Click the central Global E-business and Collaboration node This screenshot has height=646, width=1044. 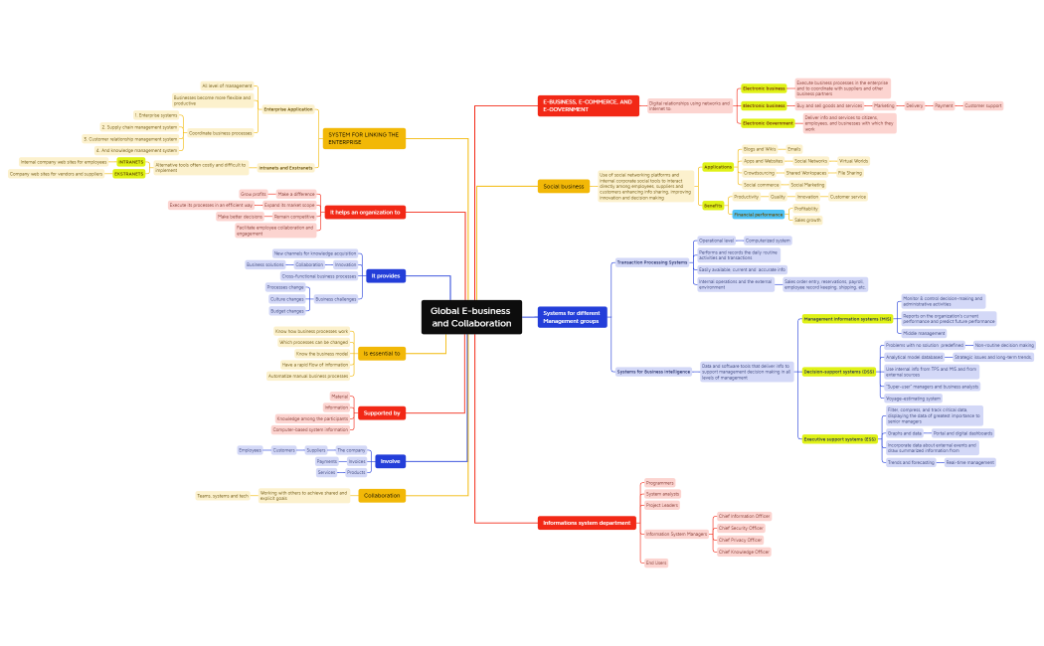tap(470, 317)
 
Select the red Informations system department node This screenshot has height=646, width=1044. tap(587, 523)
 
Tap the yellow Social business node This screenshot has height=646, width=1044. tap(564, 186)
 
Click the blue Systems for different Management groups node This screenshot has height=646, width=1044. tap(572, 317)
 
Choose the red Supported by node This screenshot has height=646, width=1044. tap(382, 412)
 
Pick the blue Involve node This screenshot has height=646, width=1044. tap(390, 460)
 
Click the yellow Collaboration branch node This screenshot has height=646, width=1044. tap(382, 495)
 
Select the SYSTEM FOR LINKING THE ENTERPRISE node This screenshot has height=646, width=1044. tap(364, 138)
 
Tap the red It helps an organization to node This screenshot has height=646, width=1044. tap(365, 212)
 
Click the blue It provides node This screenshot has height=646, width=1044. tap(385, 275)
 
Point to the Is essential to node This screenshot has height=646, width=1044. tap(382, 353)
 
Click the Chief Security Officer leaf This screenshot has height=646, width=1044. tap(741, 528)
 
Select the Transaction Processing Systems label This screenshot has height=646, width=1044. tap(651, 262)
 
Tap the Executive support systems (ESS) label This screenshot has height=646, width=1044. tap(840, 438)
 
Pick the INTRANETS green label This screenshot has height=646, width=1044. tap(130, 161)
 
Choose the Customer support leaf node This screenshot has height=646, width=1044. tap(982, 105)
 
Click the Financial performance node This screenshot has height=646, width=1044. tap(758, 215)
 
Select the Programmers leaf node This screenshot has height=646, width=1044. tap(659, 483)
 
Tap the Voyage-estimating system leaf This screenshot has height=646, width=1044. tap(913, 399)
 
